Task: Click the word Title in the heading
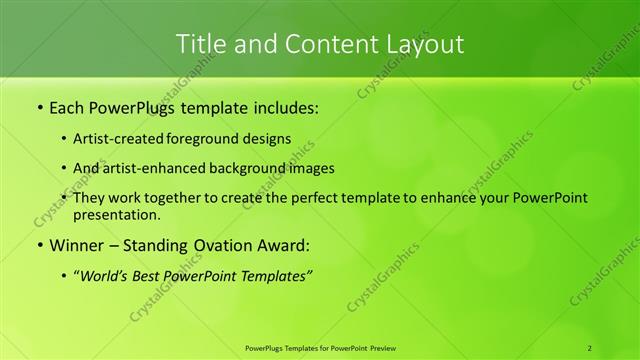[x=200, y=44]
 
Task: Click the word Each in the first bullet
[x=68, y=107]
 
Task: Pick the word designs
[x=269, y=139]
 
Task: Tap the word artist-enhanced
[x=156, y=168]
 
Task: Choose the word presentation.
[x=116, y=214]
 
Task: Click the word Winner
[x=76, y=245]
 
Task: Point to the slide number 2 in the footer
[x=590, y=348]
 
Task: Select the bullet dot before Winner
[x=39, y=245]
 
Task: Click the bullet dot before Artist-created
[x=65, y=139]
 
